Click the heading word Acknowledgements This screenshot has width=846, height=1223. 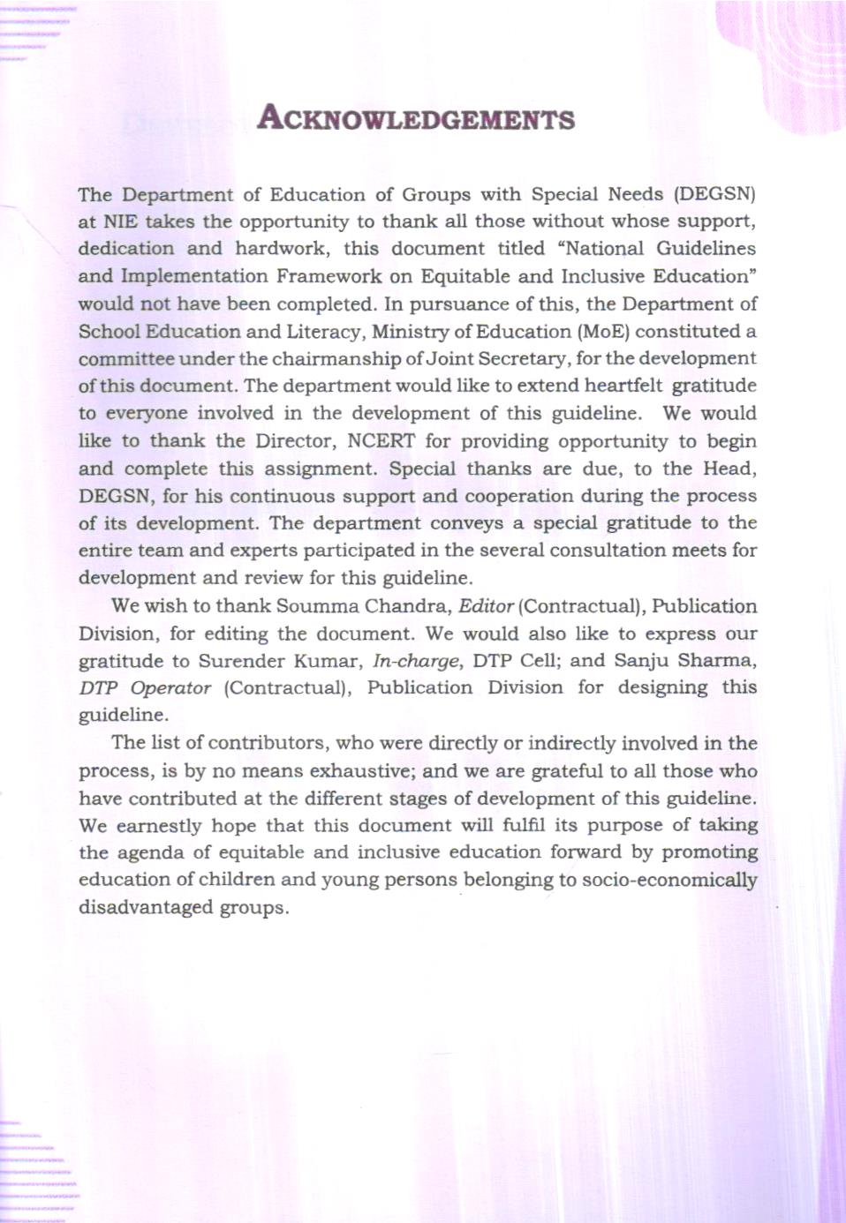[x=416, y=118]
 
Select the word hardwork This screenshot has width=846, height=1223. [x=280, y=249]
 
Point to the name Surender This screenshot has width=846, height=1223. [x=240, y=661]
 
